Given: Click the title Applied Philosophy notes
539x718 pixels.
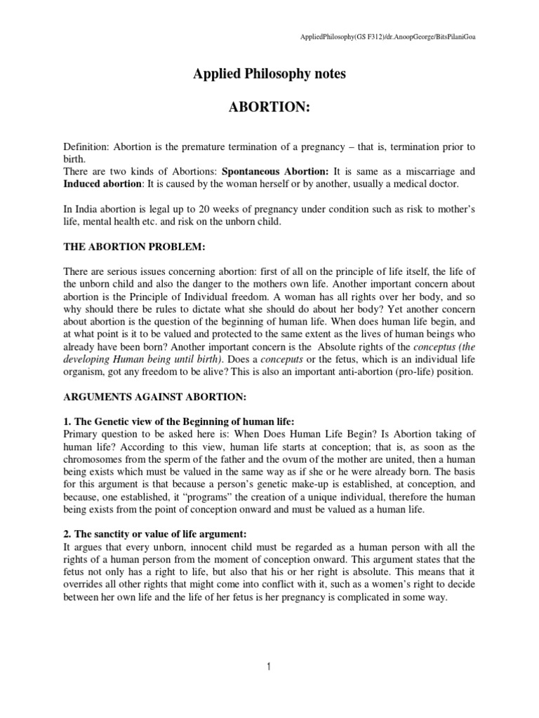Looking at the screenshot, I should point(269,74).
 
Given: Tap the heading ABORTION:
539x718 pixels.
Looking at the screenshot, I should point(269,107).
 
